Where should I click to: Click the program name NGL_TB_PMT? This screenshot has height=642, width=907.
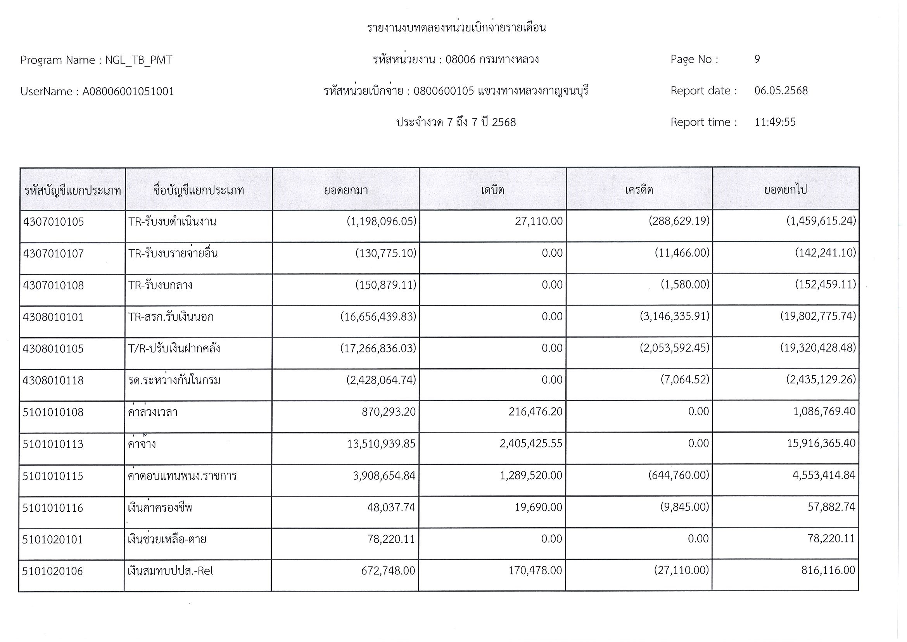(138, 60)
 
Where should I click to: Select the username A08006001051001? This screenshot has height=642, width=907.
(128, 92)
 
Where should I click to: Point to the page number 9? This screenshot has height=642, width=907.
(757, 59)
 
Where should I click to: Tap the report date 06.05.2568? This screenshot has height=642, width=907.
(781, 91)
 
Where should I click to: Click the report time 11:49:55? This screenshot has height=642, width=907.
(774, 122)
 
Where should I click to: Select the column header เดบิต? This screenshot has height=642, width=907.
(492, 190)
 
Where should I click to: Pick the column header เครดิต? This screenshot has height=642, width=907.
(639, 190)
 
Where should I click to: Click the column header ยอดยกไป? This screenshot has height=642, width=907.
(785, 190)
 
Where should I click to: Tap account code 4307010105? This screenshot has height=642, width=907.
(54, 222)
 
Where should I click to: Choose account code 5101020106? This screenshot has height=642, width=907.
(53, 571)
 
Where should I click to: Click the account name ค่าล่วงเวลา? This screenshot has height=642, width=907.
(153, 412)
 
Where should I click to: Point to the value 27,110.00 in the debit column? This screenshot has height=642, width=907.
(539, 221)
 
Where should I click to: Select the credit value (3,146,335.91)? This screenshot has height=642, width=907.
(674, 316)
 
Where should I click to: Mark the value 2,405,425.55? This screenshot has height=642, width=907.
(530, 444)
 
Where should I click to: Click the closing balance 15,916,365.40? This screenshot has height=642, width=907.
(821, 443)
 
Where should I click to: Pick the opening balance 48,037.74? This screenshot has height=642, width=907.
(391, 507)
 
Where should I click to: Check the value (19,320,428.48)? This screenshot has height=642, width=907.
(818, 348)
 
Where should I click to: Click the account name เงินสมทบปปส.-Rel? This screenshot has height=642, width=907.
(170, 571)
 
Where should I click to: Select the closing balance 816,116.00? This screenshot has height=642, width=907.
(828, 570)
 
